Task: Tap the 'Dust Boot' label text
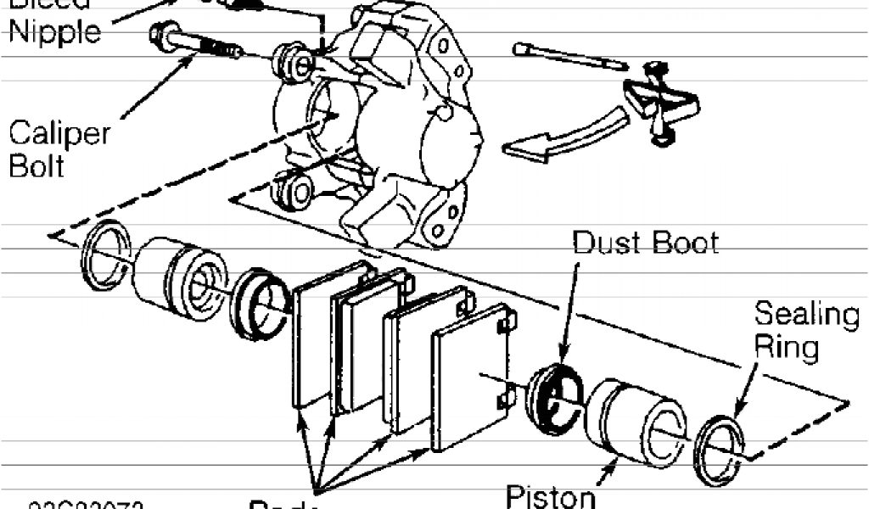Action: (645, 243)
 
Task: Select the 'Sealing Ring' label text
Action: (805, 331)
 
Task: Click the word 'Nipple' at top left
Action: (55, 31)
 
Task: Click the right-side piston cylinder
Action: (636, 421)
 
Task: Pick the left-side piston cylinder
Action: (178, 277)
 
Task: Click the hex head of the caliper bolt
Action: (160, 35)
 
